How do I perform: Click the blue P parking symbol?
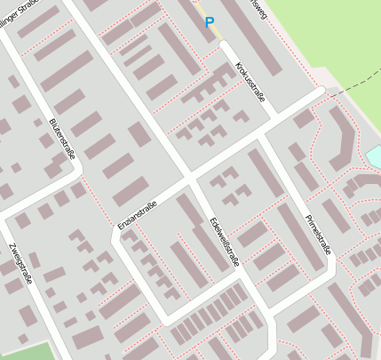click(x=210, y=22)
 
